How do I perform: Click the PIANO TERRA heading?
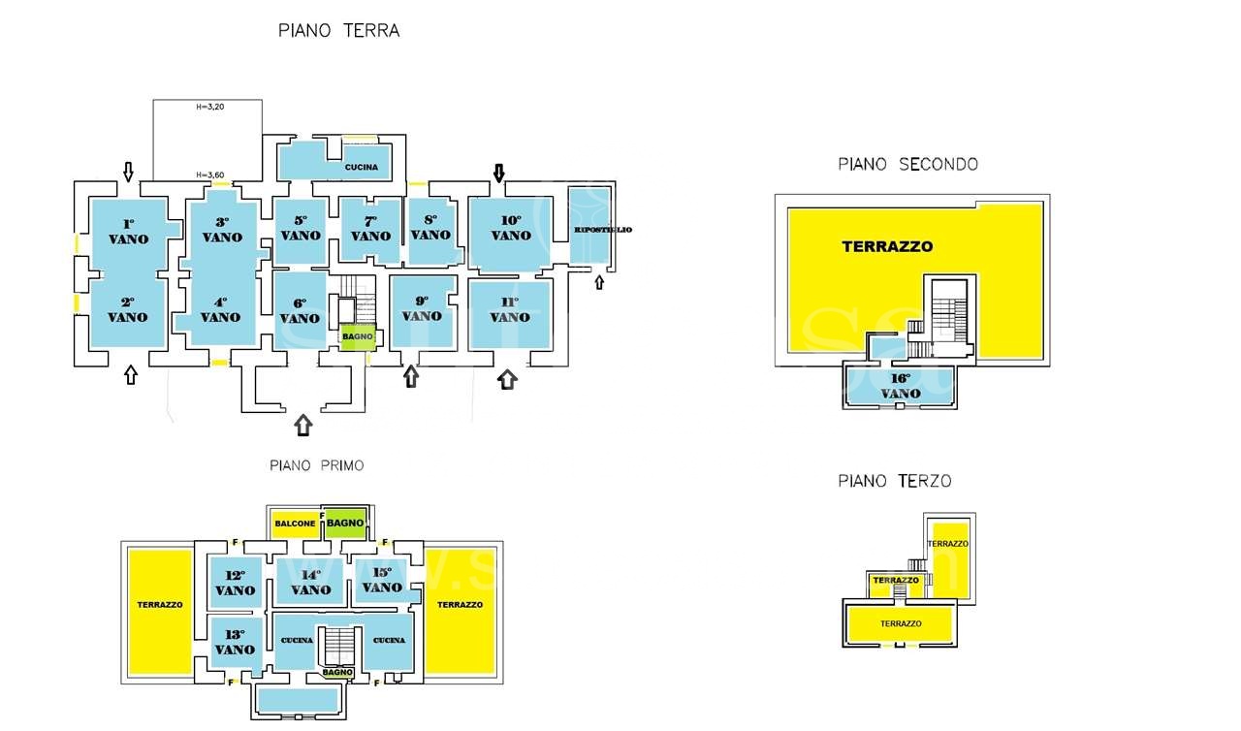[338, 30]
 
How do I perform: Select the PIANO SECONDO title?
[907, 164]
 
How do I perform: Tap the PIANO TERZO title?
[894, 480]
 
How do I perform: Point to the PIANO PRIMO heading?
[316, 465]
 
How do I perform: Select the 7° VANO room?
[370, 229]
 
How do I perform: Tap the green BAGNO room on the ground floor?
[356, 335]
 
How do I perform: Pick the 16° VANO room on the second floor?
[901, 386]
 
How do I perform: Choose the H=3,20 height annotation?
[209, 107]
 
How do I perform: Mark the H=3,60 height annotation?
[209, 175]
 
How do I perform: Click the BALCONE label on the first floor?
[295, 524]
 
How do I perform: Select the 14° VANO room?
[310, 582]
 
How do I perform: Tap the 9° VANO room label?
[422, 308]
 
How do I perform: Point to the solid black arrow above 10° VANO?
[499, 173]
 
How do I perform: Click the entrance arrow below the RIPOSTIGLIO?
[598, 281]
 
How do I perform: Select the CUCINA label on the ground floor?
[361, 167]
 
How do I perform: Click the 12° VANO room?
[236, 583]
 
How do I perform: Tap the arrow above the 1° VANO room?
[128, 172]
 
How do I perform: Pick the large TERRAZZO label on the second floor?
[887, 246]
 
